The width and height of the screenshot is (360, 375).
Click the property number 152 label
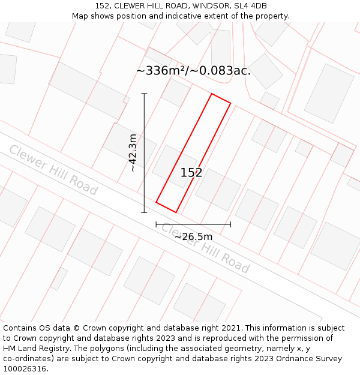click(191, 173)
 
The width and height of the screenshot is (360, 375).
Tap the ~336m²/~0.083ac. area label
click(193, 71)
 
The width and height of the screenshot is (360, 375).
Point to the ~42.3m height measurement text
click(133, 153)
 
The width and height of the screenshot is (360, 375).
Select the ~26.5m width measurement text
click(193, 236)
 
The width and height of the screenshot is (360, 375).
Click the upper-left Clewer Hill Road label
click(53, 170)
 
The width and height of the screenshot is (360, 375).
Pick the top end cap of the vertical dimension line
click(144, 94)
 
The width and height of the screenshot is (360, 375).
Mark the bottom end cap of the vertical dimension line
click(144, 212)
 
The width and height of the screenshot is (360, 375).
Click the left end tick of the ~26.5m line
click(156, 224)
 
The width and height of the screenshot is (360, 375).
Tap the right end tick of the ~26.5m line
click(230, 224)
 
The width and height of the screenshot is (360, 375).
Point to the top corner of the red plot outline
click(211, 94)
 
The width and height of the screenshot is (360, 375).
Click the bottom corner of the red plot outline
click(176, 212)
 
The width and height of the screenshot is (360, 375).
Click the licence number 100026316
click(25, 369)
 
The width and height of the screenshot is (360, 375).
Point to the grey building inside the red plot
click(174, 166)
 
